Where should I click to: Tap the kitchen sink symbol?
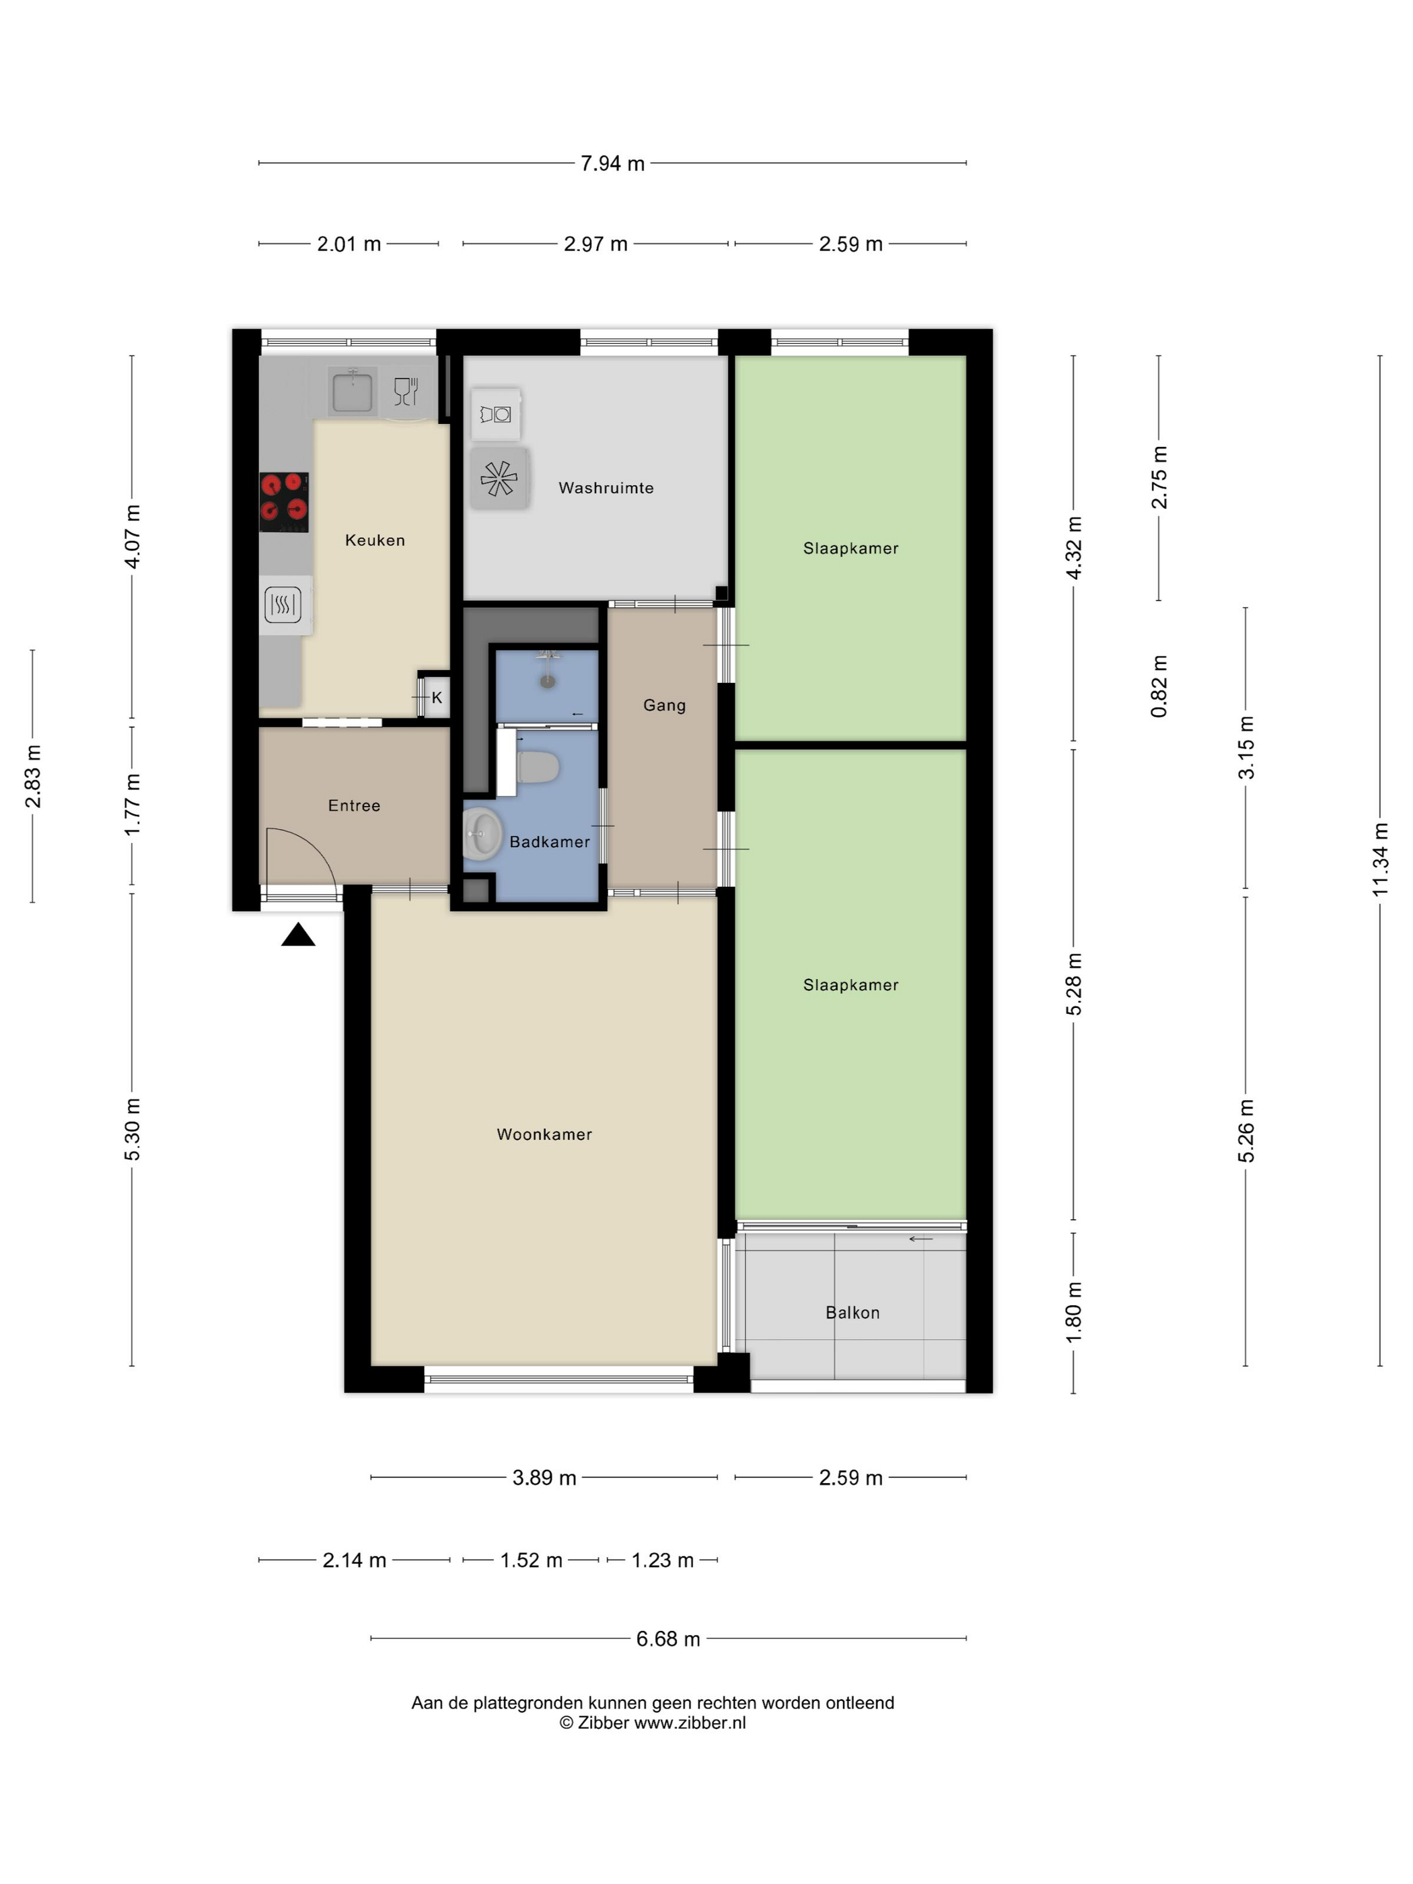353,390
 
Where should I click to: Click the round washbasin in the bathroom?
482,832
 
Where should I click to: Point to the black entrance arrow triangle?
298,935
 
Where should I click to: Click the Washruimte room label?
606,488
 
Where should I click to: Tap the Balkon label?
852,1313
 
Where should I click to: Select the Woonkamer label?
544,1134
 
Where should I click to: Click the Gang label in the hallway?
663,705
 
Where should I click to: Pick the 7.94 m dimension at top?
612,164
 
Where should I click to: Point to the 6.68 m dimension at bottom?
667,1638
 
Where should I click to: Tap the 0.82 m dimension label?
1159,686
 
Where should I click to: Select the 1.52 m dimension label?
531,1560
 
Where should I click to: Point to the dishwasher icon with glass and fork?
406,391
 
